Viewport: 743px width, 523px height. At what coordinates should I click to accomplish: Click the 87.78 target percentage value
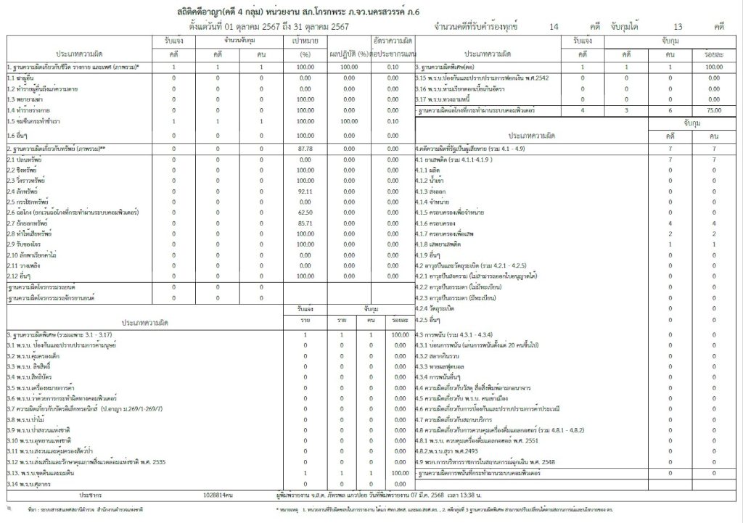point(305,148)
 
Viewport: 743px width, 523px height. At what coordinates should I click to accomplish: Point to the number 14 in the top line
point(554,26)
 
